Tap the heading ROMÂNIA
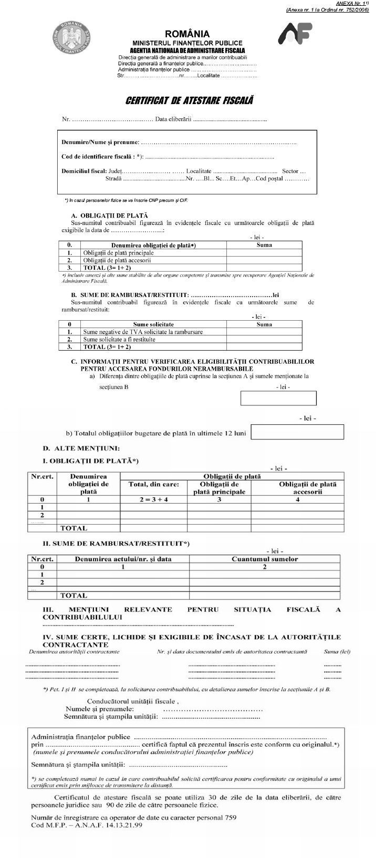(187, 34)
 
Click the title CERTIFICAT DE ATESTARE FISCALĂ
(189, 100)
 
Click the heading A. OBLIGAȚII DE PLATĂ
(109, 215)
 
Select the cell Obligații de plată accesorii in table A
(117, 260)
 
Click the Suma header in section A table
(264, 245)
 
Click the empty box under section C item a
(278, 398)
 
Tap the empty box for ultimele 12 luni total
(297, 432)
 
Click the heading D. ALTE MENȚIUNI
(81, 448)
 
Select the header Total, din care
(154, 484)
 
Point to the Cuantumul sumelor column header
(265, 559)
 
